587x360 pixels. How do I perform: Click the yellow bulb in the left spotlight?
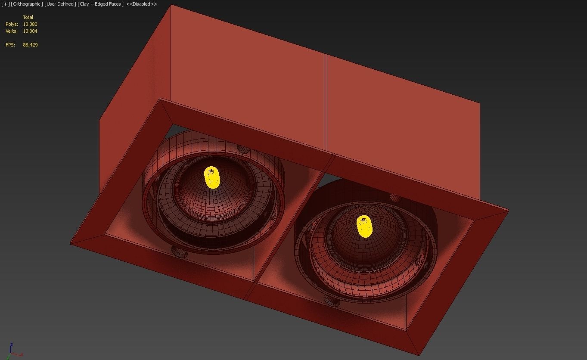coord(211,177)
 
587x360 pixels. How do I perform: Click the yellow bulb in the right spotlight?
coord(364,227)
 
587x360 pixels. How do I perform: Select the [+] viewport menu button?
coord(6,4)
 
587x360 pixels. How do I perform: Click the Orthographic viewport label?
coord(27,4)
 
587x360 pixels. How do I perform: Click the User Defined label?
coord(60,4)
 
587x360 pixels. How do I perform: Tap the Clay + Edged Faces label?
coord(100,4)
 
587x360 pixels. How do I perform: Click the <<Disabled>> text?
coord(141,4)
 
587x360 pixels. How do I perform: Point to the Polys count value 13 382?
coord(30,24)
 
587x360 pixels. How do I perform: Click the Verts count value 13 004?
coord(30,31)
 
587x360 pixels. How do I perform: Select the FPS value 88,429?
coord(30,45)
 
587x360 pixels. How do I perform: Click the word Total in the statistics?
coord(28,17)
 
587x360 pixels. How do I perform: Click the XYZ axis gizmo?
coord(13,351)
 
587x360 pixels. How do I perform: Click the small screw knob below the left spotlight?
coord(180,252)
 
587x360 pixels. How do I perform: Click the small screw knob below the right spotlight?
coord(332,301)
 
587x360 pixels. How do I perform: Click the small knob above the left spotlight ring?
coord(243,149)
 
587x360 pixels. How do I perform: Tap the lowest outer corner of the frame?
coord(419,355)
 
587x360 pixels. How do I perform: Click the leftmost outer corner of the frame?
coord(71,244)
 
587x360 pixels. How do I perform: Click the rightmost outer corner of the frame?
coord(508,210)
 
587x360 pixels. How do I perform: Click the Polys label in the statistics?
coord(12,24)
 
